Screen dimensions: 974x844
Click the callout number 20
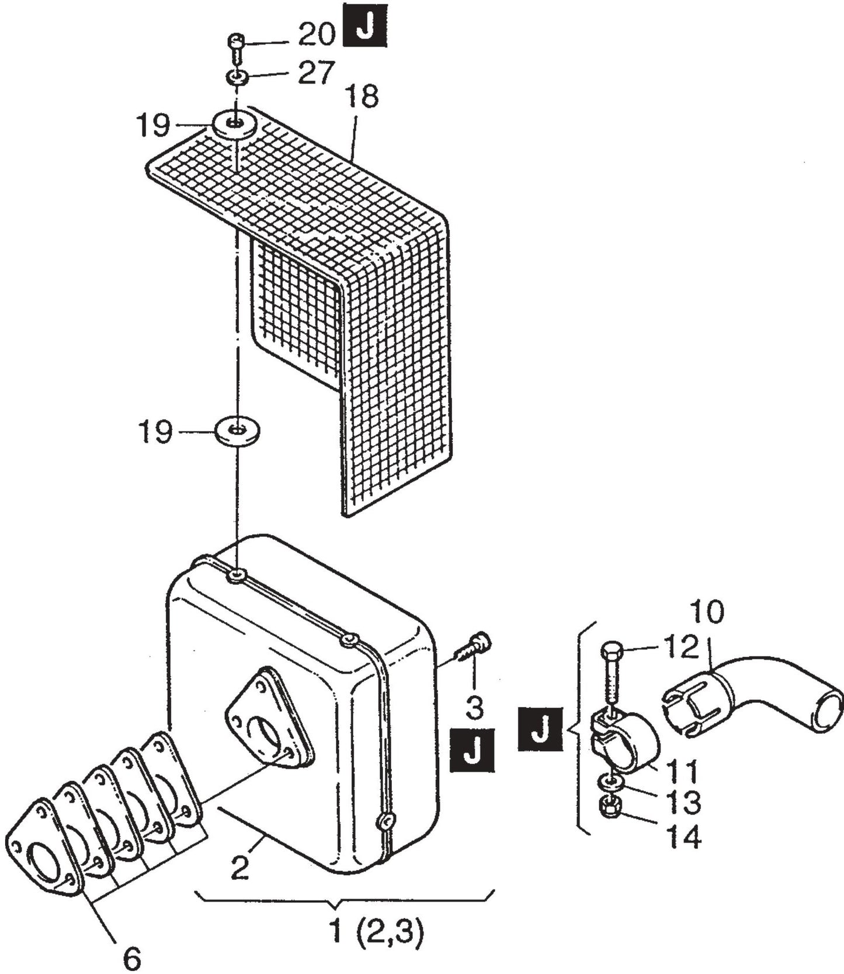(x=316, y=35)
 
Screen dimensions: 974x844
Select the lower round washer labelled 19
(x=237, y=431)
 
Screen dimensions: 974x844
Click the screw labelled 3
(x=475, y=644)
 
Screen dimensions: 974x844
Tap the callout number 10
(x=706, y=611)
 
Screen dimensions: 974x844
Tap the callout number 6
(x=132, y=958)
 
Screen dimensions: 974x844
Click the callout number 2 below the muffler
(x=240, y=868)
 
